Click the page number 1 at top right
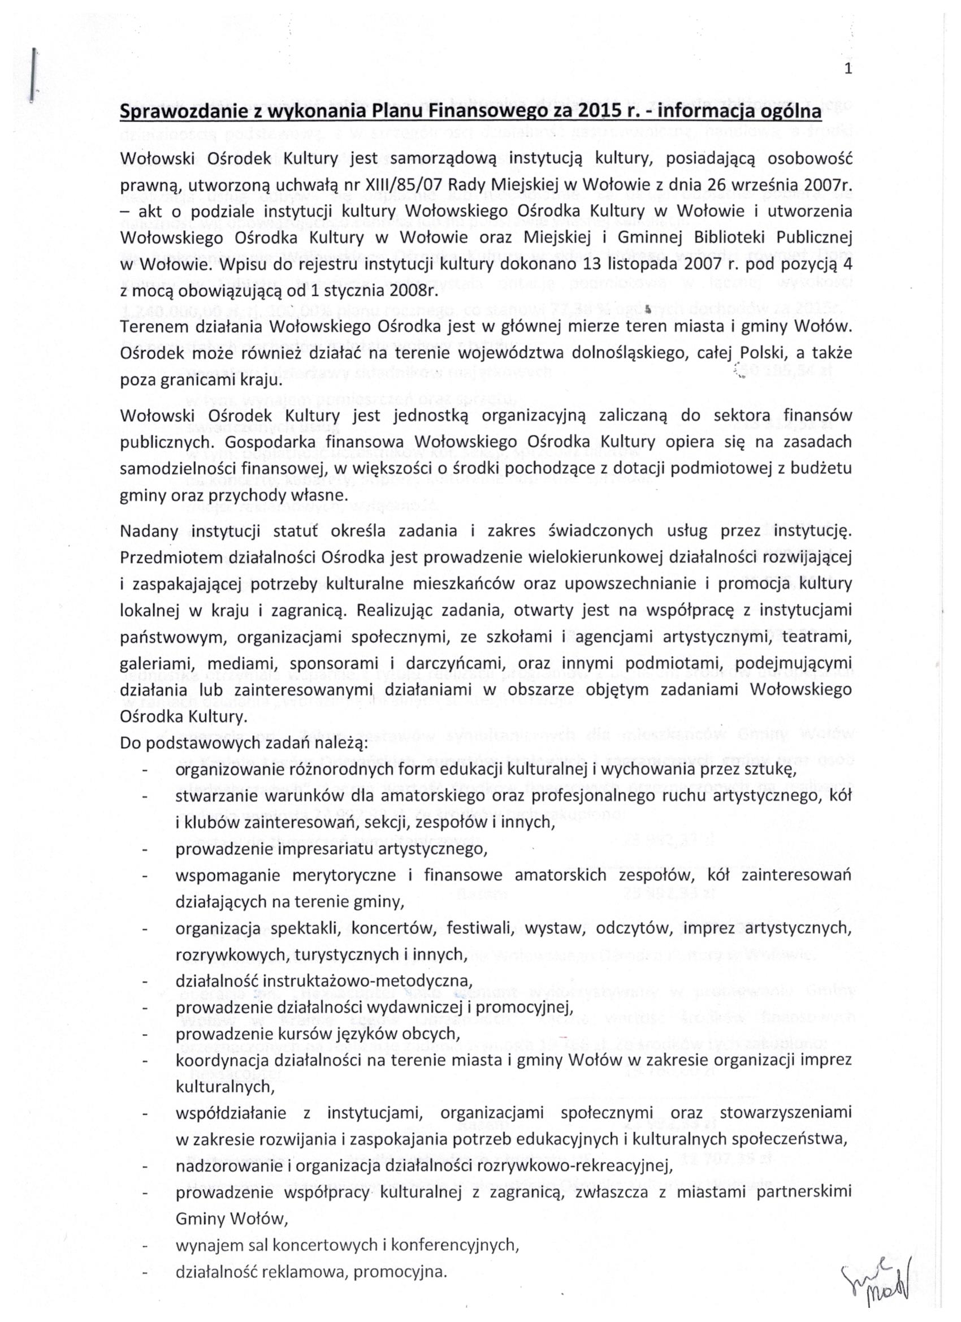tap(848, 70)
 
